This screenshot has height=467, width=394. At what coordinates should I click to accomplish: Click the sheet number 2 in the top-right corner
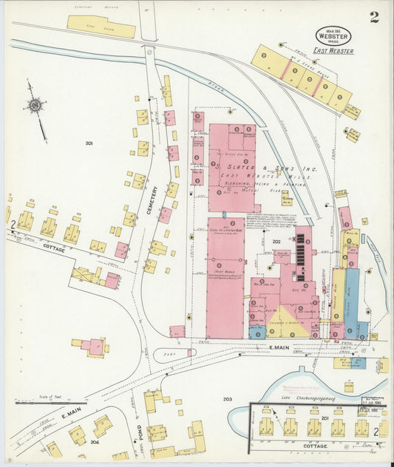click(374, 17)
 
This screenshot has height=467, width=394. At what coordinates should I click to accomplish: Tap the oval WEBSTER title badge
click(333, 35)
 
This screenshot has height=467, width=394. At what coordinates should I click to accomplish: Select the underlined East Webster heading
click(333, 51)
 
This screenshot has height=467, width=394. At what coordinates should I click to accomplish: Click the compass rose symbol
click(35, 106)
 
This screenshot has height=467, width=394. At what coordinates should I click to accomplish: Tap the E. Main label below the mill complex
click(278, 347)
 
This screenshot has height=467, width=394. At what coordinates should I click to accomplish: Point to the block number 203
click(228, 399)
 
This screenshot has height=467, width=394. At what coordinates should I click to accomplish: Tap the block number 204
click(94, 442)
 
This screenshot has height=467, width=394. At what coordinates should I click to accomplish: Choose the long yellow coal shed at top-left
click(101, 27)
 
